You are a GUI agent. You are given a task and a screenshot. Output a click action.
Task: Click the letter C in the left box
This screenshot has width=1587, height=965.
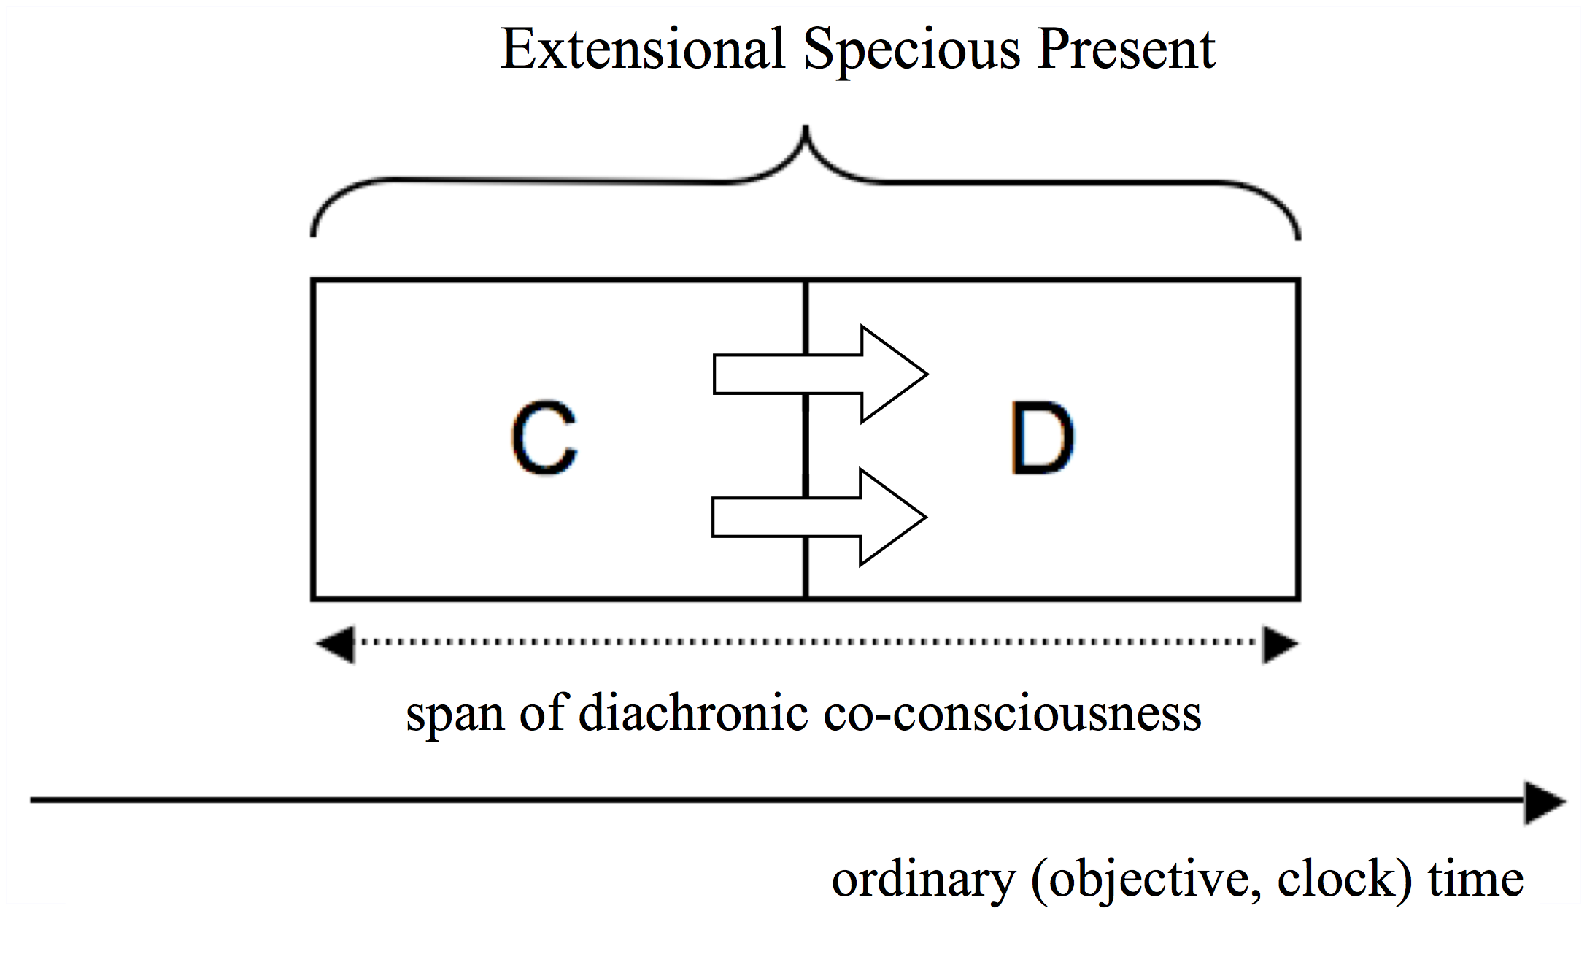pos(544,438)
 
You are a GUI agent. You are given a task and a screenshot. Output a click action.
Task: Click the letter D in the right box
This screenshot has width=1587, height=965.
pos(1042,438)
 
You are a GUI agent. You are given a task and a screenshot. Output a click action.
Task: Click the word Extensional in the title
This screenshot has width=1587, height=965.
pos(642,50)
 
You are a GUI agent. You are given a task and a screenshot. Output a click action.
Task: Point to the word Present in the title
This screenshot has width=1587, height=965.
pos(1125,50)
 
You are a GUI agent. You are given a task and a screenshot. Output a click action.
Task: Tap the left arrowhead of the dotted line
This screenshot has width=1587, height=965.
pos(336,644)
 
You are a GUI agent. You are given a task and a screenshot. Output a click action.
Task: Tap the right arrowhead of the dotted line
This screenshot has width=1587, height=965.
pos(1280,644)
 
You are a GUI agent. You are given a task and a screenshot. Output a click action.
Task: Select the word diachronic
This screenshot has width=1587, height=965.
pos(692,713)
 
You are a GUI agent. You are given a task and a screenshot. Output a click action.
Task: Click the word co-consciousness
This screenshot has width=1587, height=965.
pos(1012,713)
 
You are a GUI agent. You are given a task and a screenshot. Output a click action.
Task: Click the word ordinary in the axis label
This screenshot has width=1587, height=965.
pos(923,879)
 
